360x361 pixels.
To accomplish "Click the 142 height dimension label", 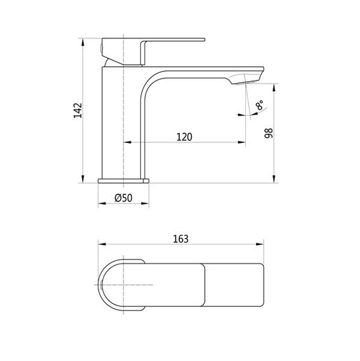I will coord(77,111).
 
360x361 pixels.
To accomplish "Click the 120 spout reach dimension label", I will coord(184,136).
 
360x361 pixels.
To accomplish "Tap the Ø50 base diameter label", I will coord(122,198).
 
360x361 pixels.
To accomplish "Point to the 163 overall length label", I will coord(180,238).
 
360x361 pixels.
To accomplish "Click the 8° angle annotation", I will coord(259,107).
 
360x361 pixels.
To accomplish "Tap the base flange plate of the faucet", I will coord(123,180).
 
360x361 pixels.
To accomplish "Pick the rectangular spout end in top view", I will coord(234,284).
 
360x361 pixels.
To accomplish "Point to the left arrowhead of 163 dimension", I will coord(101,244).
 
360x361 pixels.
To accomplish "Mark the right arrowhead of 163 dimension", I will coord(262,244).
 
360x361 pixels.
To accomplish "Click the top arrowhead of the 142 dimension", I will coord(83,42).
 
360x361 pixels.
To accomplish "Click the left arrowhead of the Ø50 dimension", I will coord(101,204).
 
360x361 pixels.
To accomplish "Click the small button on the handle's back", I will coord(100,46).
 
